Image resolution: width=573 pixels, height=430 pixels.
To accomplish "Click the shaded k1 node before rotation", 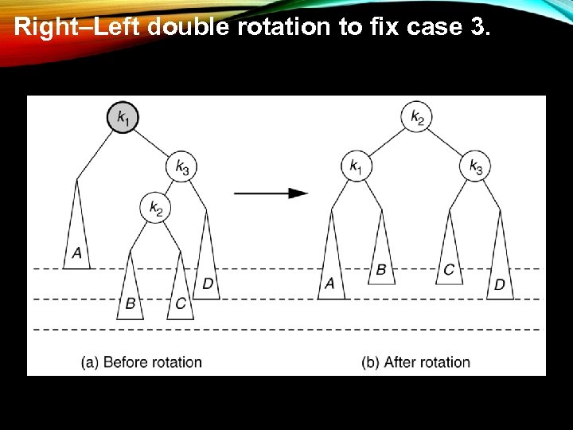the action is [x=123, y=118].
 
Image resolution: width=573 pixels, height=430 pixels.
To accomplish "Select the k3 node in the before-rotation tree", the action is [x=182, y=167].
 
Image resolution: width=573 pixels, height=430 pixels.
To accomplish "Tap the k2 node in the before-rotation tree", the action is [x=156, y=209].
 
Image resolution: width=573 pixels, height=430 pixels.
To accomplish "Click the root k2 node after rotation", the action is [x=417, y=118].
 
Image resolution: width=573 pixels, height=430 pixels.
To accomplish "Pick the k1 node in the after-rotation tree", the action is [x=355, y=166].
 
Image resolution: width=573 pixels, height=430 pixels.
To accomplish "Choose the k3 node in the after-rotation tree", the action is [x=476, y=166].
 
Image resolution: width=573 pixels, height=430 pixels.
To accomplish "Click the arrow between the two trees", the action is [x=271, y=193].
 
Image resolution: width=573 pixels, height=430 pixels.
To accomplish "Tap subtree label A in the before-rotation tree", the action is [x=76, y=253].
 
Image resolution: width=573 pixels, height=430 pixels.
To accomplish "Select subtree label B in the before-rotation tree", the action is [x=130, y=303].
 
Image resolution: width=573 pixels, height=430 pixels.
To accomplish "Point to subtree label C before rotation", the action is [x=181, y=303].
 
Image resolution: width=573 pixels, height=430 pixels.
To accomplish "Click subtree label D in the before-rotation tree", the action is [x=207, y=283].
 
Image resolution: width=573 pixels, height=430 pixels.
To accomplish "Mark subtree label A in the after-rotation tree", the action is [x=330, y=283].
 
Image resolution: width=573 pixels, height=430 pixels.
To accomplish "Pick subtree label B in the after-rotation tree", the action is [x=381, y=269].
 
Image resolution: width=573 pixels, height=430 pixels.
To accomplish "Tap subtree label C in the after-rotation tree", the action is [x=449, y=269].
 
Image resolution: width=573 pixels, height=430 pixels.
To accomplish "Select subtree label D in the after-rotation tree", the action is [x=499, y=283].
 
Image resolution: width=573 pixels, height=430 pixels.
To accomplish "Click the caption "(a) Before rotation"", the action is [x=141, y=362].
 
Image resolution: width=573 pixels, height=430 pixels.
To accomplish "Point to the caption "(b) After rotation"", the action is [x=415, y=362].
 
